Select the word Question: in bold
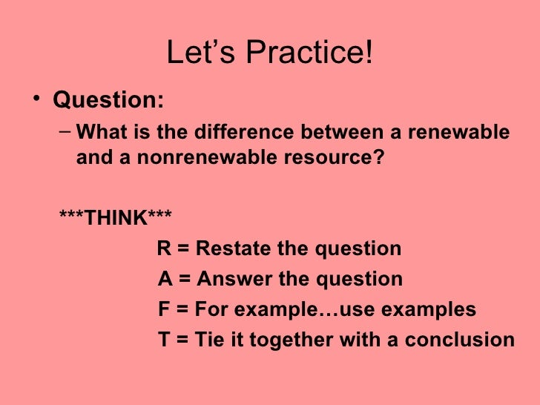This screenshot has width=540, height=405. pos(108,99)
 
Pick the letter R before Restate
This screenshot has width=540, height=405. pos(164,248)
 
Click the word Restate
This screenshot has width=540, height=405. pos(234,248)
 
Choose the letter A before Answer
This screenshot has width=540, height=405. pos(165,280)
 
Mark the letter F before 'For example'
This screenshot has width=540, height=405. pos(165,309)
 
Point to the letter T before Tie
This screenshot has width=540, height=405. pos(165,340)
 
